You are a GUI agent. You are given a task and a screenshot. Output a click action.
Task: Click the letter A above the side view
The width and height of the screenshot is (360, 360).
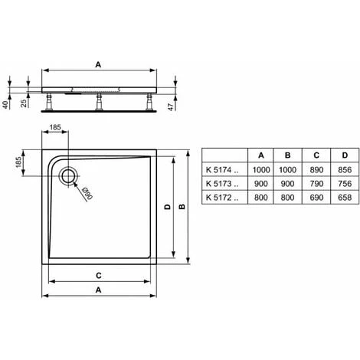(x=98, y=66)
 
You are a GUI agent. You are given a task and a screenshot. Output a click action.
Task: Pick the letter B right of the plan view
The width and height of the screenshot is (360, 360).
(x=182, y=206)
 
